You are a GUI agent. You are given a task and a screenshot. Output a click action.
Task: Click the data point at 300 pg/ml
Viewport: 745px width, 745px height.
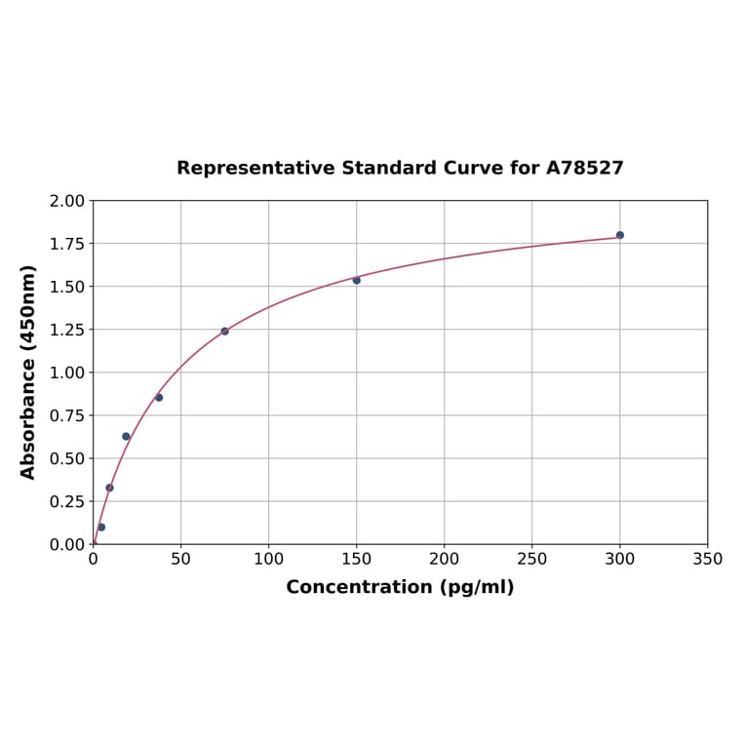(x=619, y=235)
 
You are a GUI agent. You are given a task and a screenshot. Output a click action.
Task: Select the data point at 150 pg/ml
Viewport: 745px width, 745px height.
(x=356, y=280)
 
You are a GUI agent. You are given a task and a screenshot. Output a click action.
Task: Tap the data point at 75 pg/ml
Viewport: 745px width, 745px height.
(x=224, y=331)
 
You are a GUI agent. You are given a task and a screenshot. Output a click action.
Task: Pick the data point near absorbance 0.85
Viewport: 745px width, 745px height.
(x=159, y=397)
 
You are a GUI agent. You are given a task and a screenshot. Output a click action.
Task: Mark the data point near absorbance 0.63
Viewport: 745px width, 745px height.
(x=126, y=436)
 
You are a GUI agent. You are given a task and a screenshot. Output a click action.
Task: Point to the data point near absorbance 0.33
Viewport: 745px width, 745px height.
(x=109, y=488)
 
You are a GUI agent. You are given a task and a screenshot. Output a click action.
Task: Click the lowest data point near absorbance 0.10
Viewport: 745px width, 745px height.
(x=101, y=527)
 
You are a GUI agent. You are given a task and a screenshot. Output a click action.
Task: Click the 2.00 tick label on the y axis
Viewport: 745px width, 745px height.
(x=66, y=201)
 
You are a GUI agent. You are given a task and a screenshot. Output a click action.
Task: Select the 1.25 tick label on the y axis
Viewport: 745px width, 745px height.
(x=66, y=330)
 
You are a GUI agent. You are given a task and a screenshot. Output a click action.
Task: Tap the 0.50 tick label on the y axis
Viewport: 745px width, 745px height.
(x=66, y=458)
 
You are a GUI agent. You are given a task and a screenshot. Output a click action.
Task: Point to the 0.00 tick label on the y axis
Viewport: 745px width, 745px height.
(x=66, y=544)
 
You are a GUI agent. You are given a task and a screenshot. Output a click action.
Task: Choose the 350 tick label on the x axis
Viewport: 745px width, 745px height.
(x=707, y=560)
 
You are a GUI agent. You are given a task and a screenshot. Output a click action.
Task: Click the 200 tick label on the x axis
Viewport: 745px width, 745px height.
(x=444, y=560)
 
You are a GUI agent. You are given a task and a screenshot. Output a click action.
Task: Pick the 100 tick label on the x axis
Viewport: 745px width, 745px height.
(x=268, y=560)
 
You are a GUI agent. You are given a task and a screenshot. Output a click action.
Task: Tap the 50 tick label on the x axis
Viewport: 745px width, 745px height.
(x=180, y=560)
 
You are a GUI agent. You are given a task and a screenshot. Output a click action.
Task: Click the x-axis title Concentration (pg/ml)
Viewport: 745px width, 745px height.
(x=400, y=587)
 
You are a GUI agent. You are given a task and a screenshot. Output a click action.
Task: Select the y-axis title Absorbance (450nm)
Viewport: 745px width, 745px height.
(x=28, y=372)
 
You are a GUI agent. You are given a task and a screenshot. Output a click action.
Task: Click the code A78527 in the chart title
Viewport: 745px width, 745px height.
(x=584, y=168)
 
